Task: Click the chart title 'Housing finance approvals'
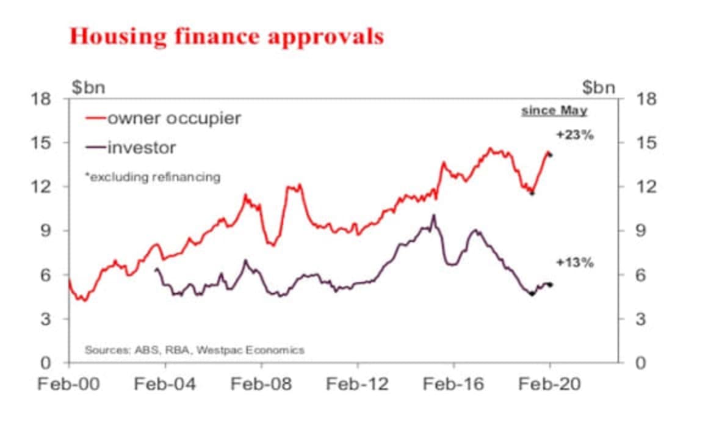coord(226,36)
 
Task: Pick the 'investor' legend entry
coord(141,147)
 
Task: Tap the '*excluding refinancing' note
coord(153,177)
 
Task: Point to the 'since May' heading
coord(554,111)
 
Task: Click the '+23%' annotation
coord(574,136)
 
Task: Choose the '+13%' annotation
coord(574,263)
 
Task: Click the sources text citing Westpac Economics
coord(194,350)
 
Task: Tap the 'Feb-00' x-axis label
coord(69,384)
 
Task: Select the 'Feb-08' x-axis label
coord(262,384)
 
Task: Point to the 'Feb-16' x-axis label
coord(453,384)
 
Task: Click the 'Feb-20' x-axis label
coord(550,384)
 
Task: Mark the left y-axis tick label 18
coord(43,99)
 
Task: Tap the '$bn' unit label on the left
coord(89,87)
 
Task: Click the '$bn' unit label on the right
coord(599,87)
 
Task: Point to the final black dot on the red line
coord(551,155)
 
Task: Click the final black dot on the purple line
coord(551,285)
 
